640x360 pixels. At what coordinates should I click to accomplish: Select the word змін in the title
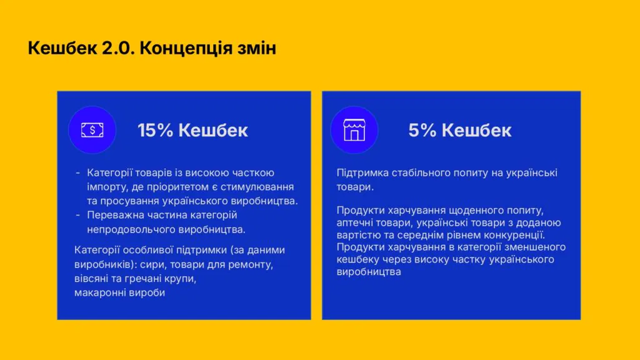[257, 48]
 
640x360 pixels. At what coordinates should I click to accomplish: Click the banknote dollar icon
[92, 130]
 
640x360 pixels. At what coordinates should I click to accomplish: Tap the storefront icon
[354, 130]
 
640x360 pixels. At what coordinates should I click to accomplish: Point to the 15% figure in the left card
[155, 131]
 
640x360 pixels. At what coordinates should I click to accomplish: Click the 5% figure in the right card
[422, 131]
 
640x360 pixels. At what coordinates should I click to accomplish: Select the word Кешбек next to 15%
[213, 131]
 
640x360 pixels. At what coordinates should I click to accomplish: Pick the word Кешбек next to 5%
[476, 131]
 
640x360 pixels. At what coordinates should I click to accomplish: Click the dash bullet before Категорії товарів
[78, 174]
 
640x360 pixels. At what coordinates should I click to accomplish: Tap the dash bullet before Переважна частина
[78, 216]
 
